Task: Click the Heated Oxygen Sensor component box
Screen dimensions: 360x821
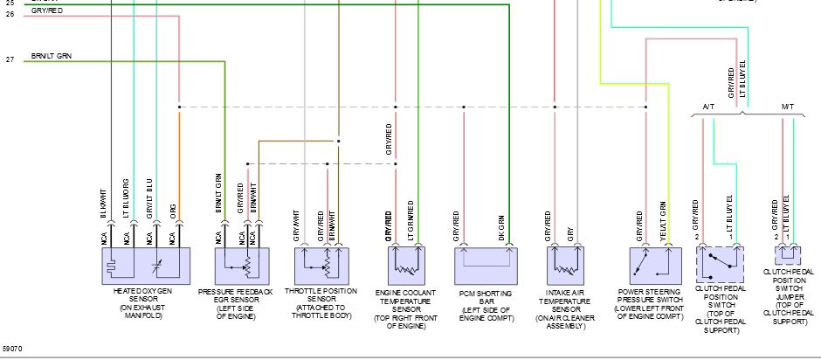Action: [x=147, y=263]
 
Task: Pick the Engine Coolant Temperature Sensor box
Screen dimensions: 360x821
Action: [x=406, y=263]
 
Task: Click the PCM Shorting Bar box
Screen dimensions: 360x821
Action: [x=486, y=263]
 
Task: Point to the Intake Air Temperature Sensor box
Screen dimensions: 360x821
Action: [x=565, y=263]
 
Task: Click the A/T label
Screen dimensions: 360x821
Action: [x=708, y=107]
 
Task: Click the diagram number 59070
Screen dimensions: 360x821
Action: [x=12, y=349]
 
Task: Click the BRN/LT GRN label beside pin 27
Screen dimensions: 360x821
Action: [x=51, y=56]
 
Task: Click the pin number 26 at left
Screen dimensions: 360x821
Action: [x=10, y=14]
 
